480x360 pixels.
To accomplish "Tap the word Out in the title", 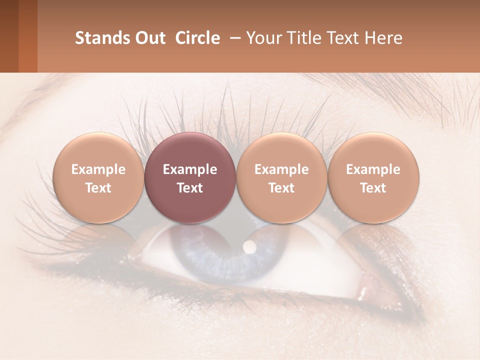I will click(x=149, y=38).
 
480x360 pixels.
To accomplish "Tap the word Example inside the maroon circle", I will click(x=190, y=169).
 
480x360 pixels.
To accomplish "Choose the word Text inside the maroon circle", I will click(x=190, y=188).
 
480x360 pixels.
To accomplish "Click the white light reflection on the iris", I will click(x=248, y=246).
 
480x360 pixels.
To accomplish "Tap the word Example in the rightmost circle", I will click(x=373, y=169).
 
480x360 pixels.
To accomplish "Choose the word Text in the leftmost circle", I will click(x=98, y=188).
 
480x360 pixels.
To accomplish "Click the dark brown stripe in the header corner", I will click(x=9, y=36).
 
